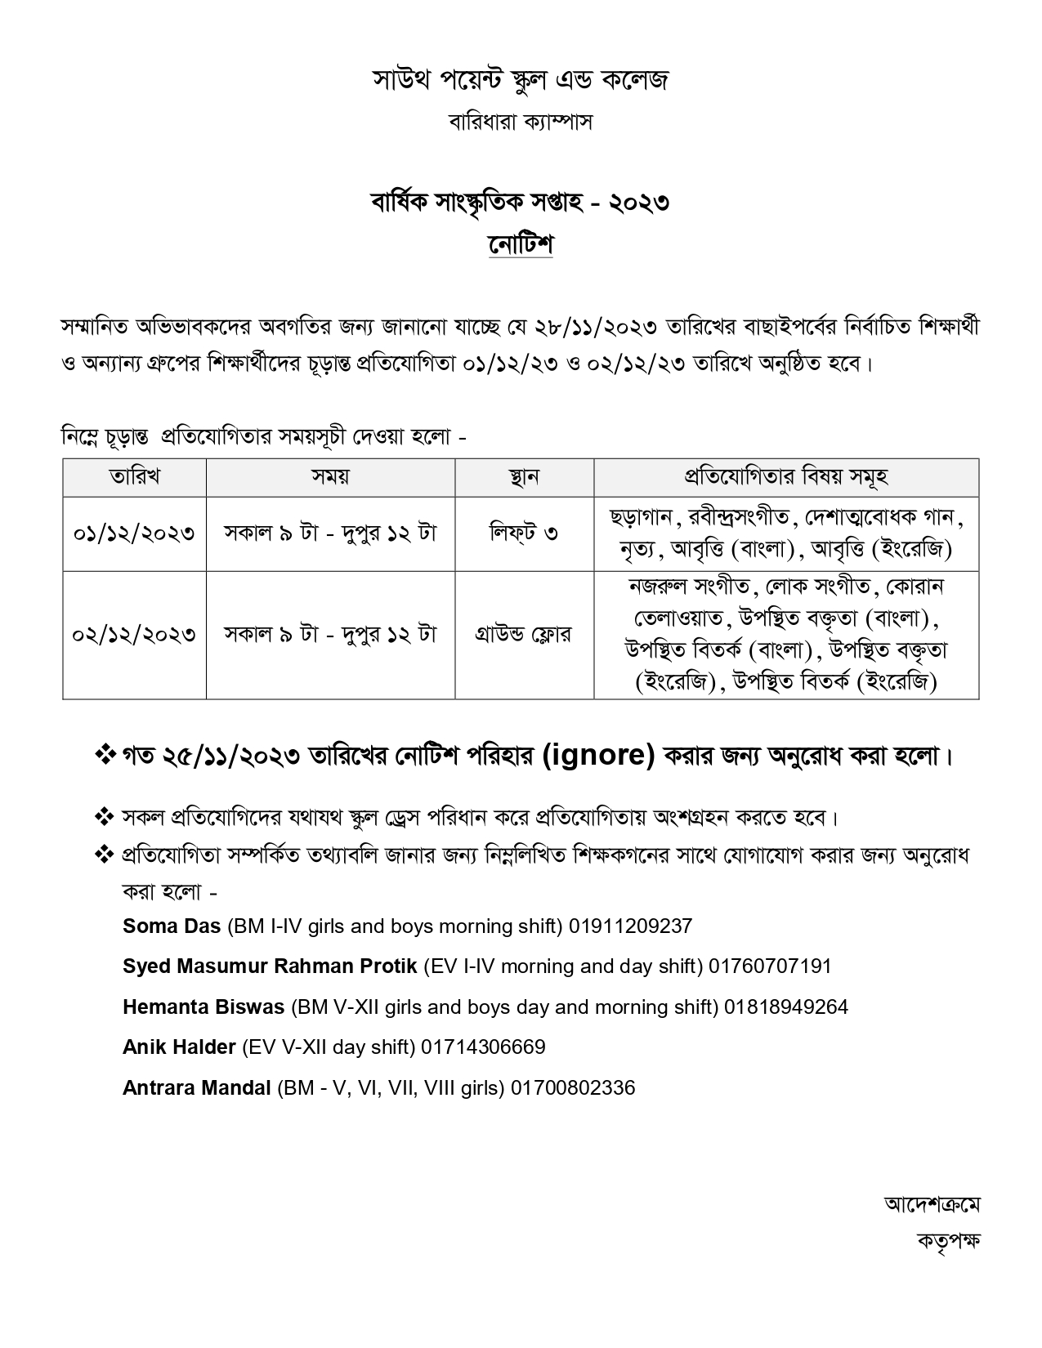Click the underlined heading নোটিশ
[521, 243]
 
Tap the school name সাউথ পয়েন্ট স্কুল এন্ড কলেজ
[521, 80]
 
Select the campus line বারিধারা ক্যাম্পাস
[521, 123]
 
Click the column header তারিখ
[135, 477]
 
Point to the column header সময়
[330, 477]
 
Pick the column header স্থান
[524, 477]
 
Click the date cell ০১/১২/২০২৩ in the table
[135, 533]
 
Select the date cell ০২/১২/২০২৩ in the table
[135, 635]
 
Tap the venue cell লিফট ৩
[524, 533]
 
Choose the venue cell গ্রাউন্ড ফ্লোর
[524, 635]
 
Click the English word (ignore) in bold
[598, 756]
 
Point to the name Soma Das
[172, 926]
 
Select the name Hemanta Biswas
[203, 1007]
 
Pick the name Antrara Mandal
[196, 1087]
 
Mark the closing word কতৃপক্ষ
[947, 1240]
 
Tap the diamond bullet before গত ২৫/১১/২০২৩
[105, 755]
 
